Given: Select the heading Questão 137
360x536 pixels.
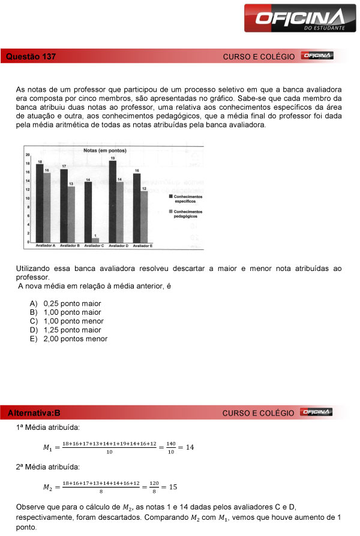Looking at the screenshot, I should tap(31, 56).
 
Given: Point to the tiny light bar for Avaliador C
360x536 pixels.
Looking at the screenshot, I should tap(95, 240).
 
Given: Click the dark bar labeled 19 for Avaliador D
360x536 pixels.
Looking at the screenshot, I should tap(113, 201).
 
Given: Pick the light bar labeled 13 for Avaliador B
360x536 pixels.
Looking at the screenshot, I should tap(71, 215).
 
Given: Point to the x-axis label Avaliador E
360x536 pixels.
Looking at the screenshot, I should tap(142, 246).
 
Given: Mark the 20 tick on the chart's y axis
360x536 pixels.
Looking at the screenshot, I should tap(28, 155).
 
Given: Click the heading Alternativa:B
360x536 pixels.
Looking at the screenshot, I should tap(34, 413).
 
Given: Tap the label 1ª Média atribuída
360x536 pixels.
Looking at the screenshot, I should tap(47, 427).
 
